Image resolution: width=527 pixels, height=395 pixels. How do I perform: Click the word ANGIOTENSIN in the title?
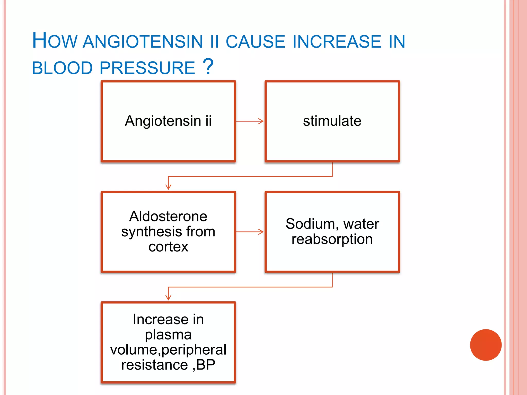(x=143, y=42)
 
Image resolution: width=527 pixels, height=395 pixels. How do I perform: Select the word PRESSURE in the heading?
(x=147, y=68)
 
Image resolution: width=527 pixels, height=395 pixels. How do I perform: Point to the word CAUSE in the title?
(x=255, y=42)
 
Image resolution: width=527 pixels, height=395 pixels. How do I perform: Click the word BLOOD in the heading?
(x=62, y=68)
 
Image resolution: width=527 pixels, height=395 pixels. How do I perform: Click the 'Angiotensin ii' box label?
(x=168, y=121)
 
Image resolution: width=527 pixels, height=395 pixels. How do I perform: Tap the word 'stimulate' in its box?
(x=332, y=121)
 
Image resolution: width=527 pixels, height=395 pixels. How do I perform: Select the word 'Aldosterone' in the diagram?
(x=168, y=216)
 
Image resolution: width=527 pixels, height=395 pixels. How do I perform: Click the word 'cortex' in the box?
(x=168, y=247)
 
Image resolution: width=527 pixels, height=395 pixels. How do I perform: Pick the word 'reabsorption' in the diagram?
(x=332, y=239)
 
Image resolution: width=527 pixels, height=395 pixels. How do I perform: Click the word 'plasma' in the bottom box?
(x=168, y=335)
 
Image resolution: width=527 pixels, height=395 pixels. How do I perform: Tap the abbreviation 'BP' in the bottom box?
(x=206, y=365)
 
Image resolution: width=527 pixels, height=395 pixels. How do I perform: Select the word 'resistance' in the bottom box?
(x=154, y=365)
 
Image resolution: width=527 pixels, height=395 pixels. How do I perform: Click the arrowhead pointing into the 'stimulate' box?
(x=261, y=121)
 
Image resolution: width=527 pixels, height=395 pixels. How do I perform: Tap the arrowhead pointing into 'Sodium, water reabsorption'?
(x=261, y=232)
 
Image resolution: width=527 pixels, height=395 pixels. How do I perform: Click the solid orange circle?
(x=486, y=345)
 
